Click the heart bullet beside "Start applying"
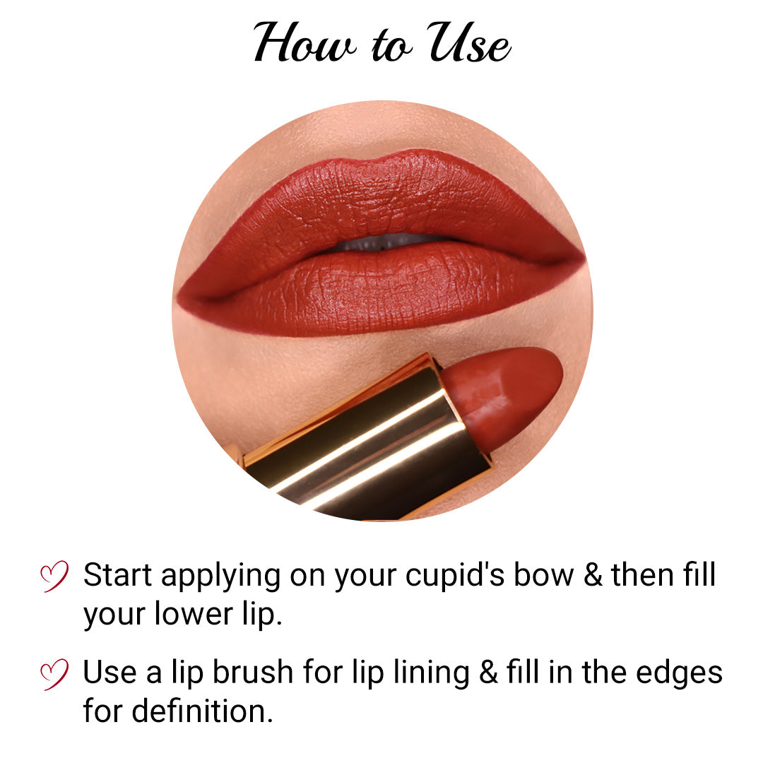pyautogui.click(x=54, y=576)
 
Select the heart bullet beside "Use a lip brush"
pyautogui.click(x=54, y=673)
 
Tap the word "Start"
pyautogui.click(x=118, y=576)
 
